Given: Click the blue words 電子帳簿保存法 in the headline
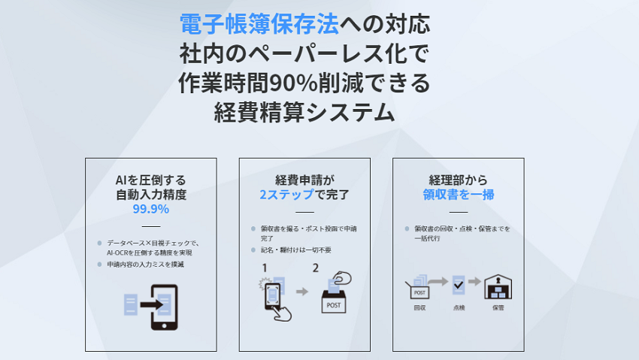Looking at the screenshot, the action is [259, 24].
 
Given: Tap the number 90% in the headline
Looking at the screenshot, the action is [293, 83].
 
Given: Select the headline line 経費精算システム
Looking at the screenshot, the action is [304, 113].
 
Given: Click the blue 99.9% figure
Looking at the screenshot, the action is [151, 209].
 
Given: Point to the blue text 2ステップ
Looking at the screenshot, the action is [287, 195].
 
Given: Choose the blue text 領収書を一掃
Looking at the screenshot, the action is [459, 195].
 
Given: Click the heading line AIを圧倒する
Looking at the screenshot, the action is [151, 180].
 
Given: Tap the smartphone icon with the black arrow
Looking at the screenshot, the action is [164, 307].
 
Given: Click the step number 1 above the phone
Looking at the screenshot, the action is [265, 268].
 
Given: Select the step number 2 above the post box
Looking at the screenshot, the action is [316, 268].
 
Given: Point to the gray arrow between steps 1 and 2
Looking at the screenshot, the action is [302, 292].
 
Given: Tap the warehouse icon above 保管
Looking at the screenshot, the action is [498, 286].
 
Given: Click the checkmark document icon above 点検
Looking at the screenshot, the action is [459, 285].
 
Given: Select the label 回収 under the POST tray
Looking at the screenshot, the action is [419, 308].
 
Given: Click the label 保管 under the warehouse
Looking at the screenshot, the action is [498, 308].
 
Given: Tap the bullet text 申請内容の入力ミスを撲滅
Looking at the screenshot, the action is [146, 265].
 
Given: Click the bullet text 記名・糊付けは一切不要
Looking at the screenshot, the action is [296, 250].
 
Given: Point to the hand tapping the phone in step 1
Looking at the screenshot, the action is [283, 313].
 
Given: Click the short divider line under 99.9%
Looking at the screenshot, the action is [151, 226].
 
